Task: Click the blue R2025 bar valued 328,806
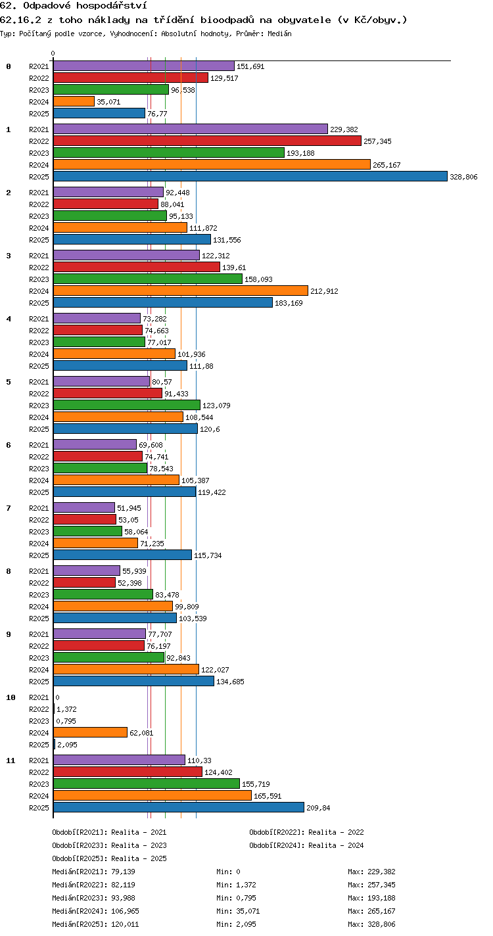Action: (x=250, y=176)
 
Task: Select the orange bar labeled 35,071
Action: (x=74, y=101)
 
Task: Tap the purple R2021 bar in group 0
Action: (x=144, y=66)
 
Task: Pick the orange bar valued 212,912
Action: (x=181, y=291)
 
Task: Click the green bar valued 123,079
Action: (x=127, y=405)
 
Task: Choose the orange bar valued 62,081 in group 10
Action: (x=90, y=732)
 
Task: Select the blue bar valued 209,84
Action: (x=179, y=807)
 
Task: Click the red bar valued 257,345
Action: (x=207, y=141)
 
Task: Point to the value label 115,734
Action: (x=208, y=555)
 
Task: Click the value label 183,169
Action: (x=289, y=303)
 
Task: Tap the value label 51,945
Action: (x=129, y=508)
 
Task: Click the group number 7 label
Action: (x=9, y=508)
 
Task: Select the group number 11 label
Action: (x=11, y=761)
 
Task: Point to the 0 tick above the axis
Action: (x=53, y=53)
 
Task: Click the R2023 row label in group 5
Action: (x=39, y=406)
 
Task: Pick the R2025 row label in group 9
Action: (x=39, y=682)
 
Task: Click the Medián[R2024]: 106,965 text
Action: (x=96, y=911)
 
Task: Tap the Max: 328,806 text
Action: (x=371, y=924)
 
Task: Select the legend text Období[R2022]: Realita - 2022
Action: (x=307, y=832)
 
